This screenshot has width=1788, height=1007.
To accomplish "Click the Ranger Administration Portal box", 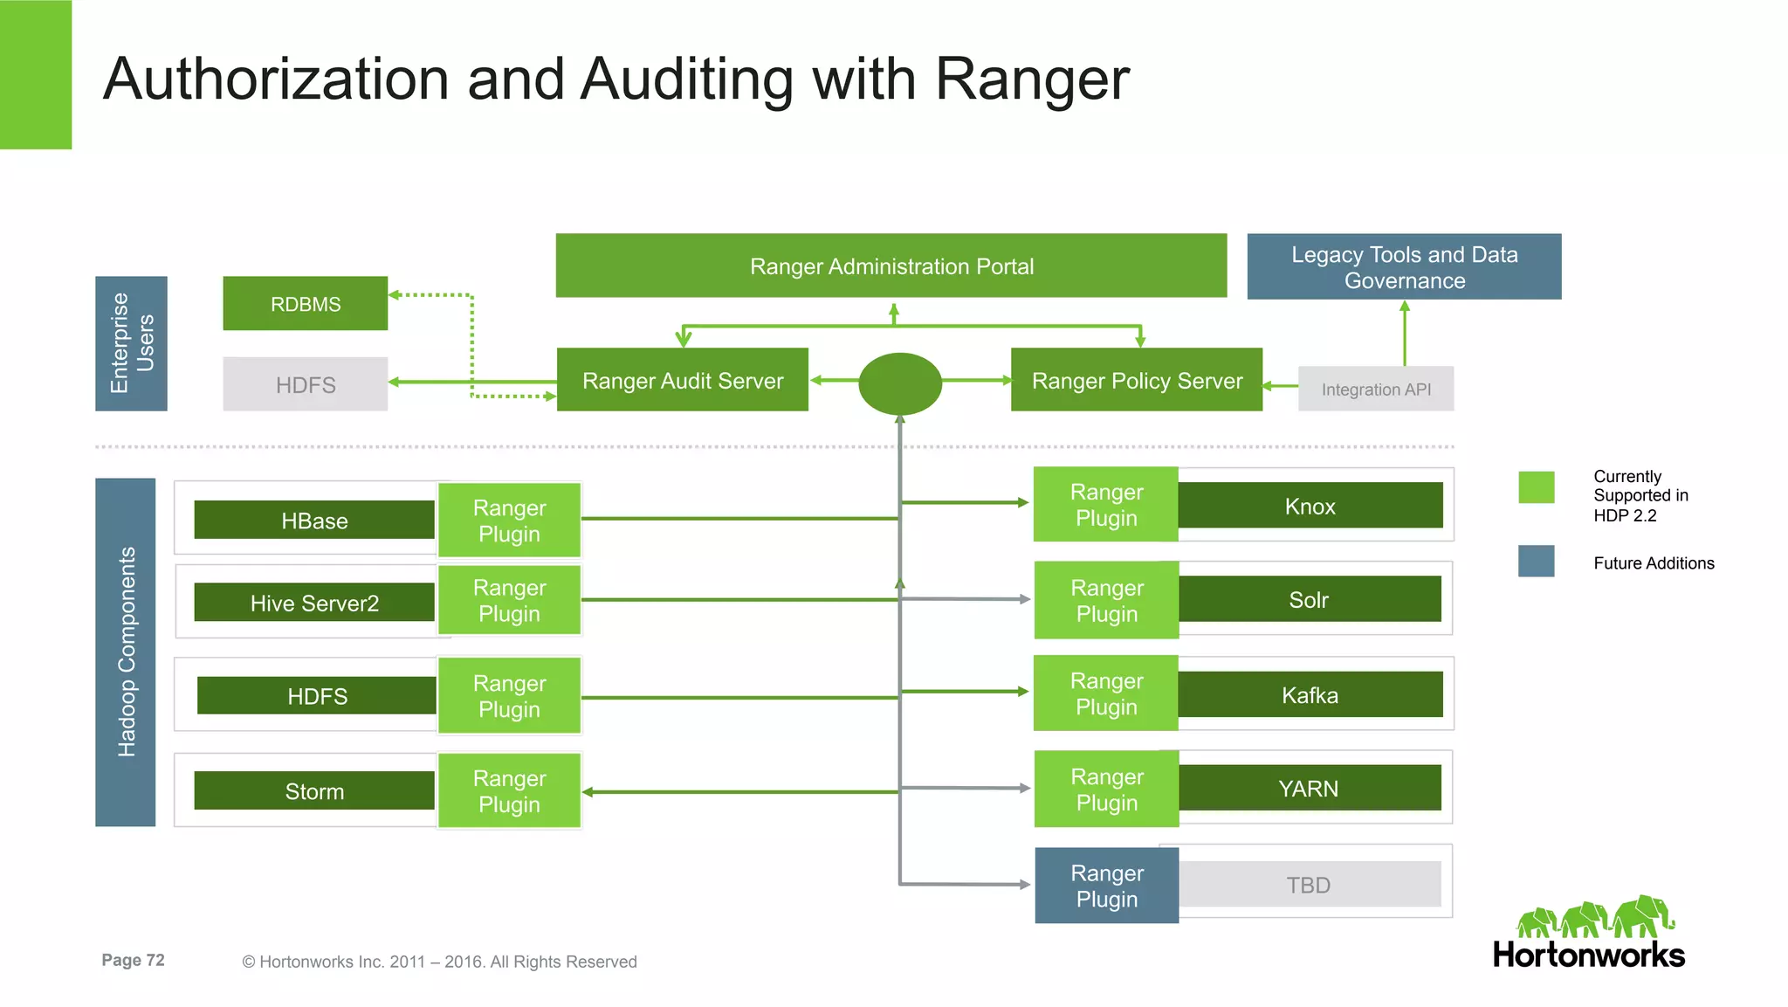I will tap(891, 266).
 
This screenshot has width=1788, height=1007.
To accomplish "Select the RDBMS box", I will tap(305, 303).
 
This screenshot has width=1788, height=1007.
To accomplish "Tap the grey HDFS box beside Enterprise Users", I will tap(305, 384).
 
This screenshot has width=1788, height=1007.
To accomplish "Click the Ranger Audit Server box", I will tap(682, 380).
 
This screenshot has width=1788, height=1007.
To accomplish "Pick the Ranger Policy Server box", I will tap(1136, 380).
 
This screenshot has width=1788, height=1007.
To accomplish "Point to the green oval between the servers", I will tap(900, 383).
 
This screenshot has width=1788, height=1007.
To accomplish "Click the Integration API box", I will tap(1375, 389).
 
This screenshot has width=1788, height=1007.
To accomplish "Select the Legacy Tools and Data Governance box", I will tap(1403, 266).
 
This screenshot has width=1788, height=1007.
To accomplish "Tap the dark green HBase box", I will tap(313, 520).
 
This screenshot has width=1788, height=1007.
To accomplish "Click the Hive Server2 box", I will tap(313, 602).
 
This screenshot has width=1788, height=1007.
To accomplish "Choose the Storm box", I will tap(313, 790).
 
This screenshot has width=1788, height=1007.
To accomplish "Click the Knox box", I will tap(1310, 506).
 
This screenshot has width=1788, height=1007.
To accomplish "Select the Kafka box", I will tap(1310, 694).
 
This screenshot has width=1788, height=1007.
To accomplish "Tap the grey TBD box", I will tap(1309, 884).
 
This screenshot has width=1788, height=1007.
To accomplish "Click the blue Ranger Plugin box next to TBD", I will tap(1106, 885).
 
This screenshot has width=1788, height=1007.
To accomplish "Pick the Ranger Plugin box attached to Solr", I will tap(1106, 600).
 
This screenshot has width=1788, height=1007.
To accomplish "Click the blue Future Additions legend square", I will tap(1536, 561).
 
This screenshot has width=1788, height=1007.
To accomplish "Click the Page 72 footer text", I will tap(133, 960).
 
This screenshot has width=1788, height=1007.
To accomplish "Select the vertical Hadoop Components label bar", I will tap(126, 652).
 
